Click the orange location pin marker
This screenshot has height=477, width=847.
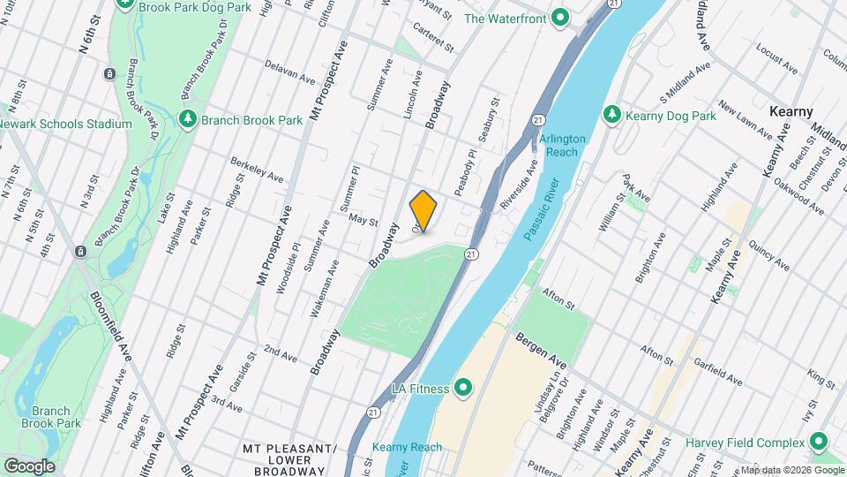pos(423,211)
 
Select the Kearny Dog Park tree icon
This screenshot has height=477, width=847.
pos(611,116)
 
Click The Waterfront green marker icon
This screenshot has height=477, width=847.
pos(559,18)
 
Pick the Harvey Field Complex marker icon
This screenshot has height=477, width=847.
pos(818,442)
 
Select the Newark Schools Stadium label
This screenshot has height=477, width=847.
pos(66,125)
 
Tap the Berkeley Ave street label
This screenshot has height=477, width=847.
pos(259,171)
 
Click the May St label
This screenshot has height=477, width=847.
pos(363,218)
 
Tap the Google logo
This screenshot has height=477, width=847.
pos(28,466)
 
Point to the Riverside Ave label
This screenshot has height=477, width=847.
pos(519,185)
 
